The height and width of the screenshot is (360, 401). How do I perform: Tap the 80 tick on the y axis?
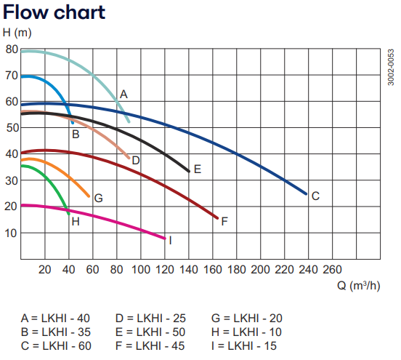[12, 49]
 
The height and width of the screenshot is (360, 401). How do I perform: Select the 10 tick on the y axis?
[12, 233]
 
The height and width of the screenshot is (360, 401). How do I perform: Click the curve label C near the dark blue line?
[315, 196]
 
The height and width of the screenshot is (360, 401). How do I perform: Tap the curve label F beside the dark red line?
[224, 220]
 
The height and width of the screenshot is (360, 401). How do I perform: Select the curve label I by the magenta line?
[169, 240]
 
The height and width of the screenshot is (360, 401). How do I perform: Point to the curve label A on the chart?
[123, 94]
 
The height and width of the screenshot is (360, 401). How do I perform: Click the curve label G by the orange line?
[98, 198]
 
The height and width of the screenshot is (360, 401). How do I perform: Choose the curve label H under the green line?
[75, 220]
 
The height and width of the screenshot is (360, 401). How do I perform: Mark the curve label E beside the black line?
[197, 169]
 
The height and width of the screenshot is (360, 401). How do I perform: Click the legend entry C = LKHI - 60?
[55, 345]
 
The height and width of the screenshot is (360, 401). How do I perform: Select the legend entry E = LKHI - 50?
[150, 332]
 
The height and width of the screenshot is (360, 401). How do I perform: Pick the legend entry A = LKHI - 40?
[55, 318]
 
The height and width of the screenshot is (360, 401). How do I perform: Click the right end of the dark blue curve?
[306, 193]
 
